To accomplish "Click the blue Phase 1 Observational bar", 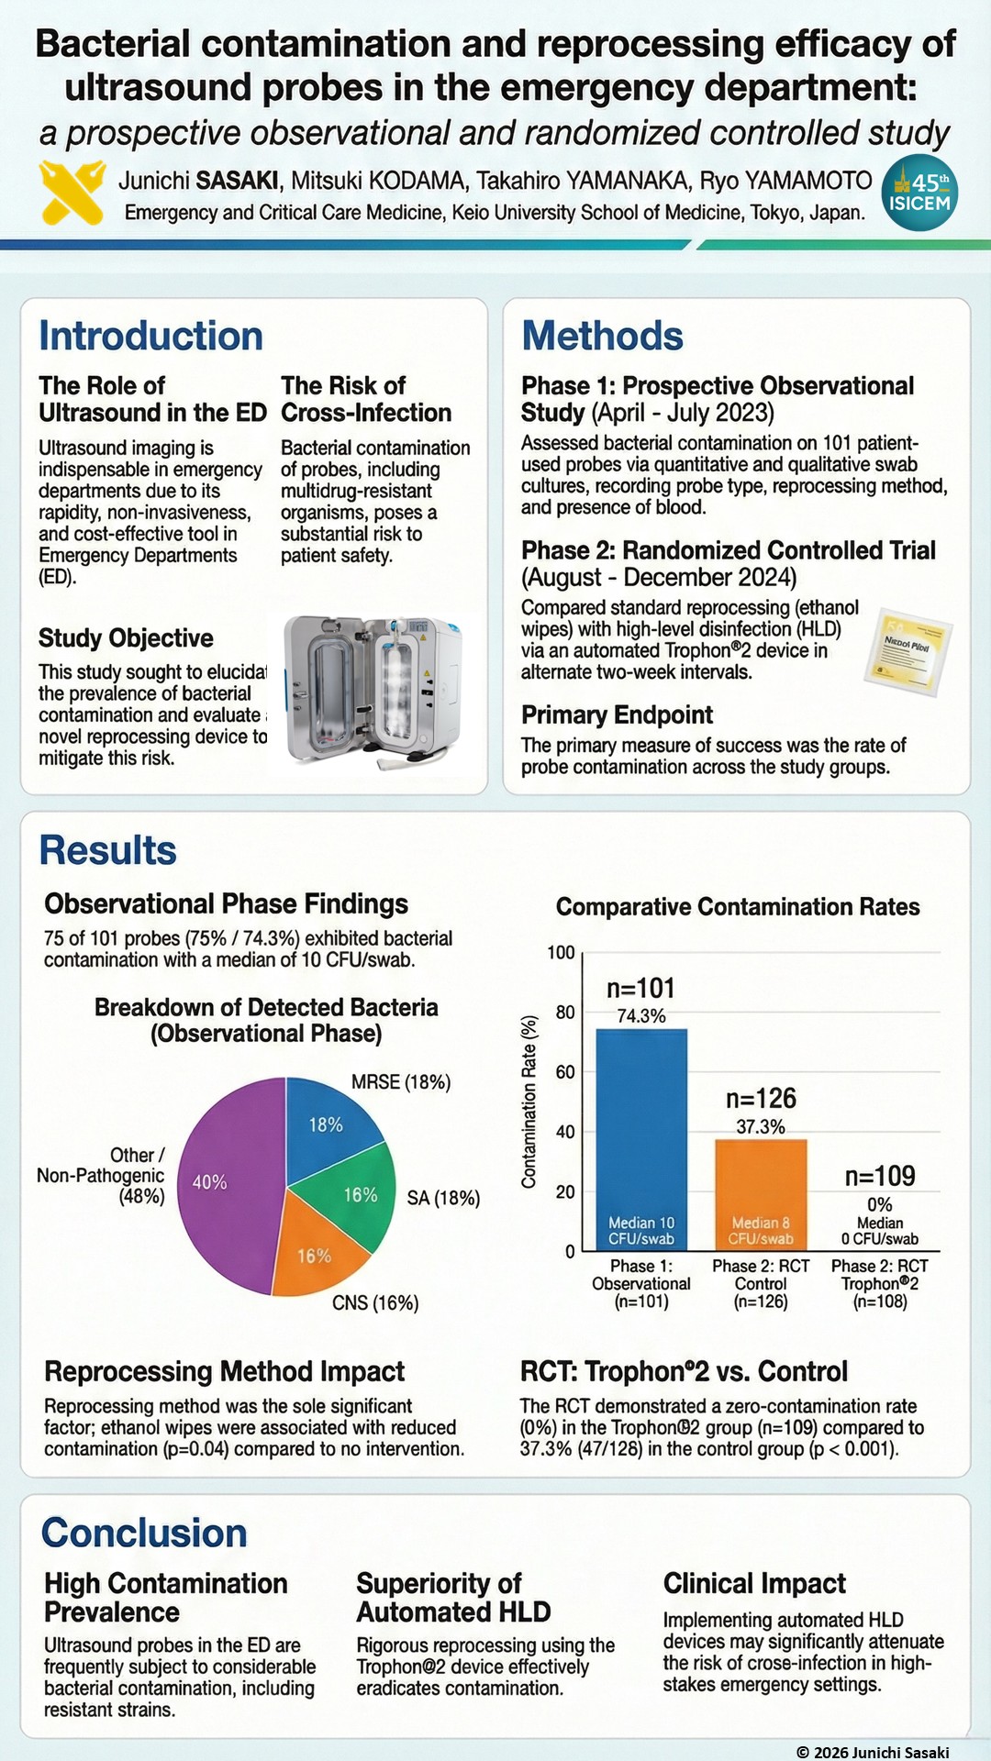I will (641, 1137).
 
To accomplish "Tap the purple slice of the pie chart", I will (225, 1183).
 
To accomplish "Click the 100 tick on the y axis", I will (561, 953).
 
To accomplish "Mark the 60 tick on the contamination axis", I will (564, 1072).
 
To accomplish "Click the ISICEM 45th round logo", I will (919, 193).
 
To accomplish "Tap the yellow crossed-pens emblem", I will (72, 193).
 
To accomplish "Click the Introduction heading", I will (150, 337).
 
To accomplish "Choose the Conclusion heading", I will (144, 1534).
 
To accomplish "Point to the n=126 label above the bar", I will (761, 1099).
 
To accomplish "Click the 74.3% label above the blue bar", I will (641, 1016).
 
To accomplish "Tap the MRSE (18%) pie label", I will (401, 1082).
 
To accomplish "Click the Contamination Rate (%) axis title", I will (529, 1102).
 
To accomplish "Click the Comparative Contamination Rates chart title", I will (738, 907).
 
